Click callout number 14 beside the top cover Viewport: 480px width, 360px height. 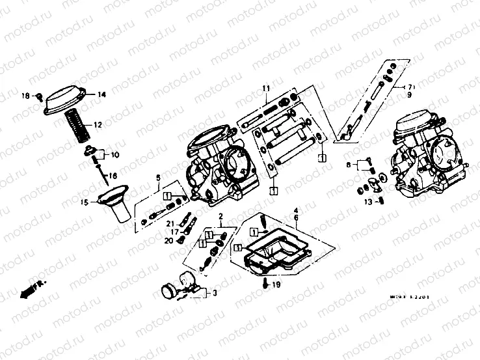pos(101,95)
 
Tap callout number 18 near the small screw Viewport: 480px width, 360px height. pos(27,96)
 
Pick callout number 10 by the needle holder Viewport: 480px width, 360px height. pos(115,155)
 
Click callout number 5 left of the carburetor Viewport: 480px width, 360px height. pos(157,177)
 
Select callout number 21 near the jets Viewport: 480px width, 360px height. pos(168,223)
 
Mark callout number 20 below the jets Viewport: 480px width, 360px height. pos(168,240)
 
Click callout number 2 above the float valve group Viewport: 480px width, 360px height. pos(221,215)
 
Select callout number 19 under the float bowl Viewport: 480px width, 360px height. pos(276,284)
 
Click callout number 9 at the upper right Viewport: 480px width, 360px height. pos(410,95)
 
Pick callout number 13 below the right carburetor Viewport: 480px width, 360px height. pos(367,202)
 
